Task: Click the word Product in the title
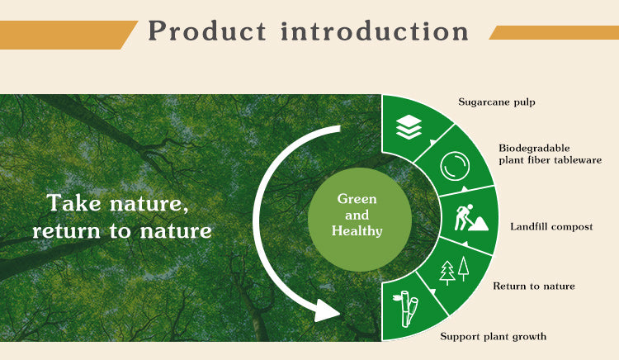coord(207,31)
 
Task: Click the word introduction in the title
coord(375,31)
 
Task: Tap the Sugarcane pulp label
coord(497,102)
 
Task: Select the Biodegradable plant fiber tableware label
coord(550,154)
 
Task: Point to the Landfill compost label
coord(551,226)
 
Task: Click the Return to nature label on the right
coord(534,286)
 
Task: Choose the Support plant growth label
coord(493,336)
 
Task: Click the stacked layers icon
coord(409,127)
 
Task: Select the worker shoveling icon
coord(470,217)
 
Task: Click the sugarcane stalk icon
coord(406,309)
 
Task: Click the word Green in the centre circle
coord(357,198)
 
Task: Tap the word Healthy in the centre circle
coord(357,230)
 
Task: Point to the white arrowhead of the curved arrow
coord(328,311)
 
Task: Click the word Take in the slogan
coord(73,203)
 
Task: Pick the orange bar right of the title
coord(554,32)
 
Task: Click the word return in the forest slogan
coord(66,231)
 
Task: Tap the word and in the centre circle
coord(357,215)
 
